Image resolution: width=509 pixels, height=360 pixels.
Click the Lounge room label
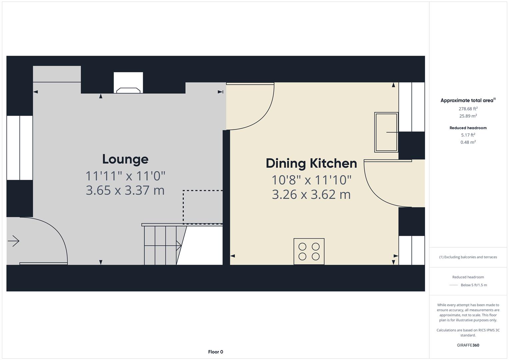coord(125,159)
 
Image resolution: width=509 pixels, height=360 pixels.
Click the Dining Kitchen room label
coord(311,163)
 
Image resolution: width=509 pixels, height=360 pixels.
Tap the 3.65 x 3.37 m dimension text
coord(125,190)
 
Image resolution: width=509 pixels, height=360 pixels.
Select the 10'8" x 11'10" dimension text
coord(311,180)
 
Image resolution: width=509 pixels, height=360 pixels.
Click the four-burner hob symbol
coord(309,251)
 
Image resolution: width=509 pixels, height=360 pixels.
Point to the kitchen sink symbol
coord(386,132)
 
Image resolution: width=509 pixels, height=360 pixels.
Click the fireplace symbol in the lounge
coord(128,83)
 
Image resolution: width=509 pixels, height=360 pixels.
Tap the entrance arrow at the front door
coord(14,241)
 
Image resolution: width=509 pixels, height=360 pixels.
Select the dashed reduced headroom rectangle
coord(203,207)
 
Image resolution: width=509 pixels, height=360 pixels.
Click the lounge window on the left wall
coord(20,148)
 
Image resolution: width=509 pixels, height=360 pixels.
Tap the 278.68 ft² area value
coord(468,109)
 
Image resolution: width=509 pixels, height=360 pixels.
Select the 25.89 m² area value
coord(468,116)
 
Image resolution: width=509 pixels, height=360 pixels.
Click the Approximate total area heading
coord(468,100)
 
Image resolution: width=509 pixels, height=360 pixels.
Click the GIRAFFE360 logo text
coord(468,345)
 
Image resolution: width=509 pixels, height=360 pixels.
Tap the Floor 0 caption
coord(215,352)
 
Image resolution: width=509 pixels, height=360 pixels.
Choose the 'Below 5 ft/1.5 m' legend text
coord(474,285)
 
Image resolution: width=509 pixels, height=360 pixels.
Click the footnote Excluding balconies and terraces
coord(468,257)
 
